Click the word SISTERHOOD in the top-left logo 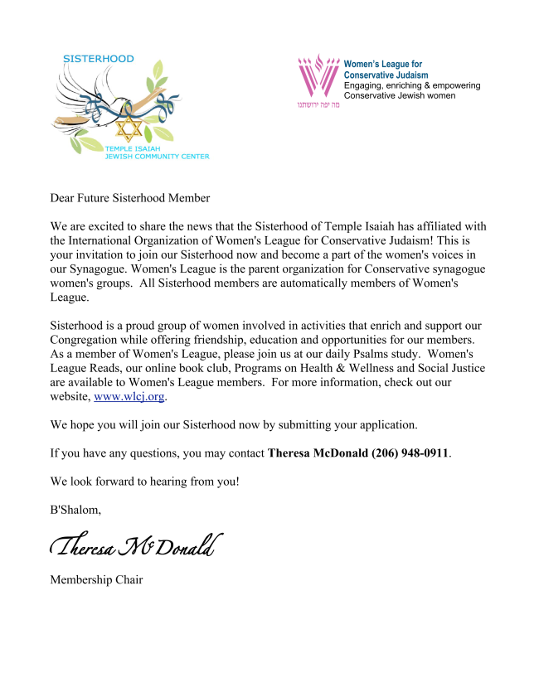coord(98,59)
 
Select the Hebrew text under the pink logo coord(318,105)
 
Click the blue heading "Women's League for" coord(382,64)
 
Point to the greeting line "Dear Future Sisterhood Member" coord(130,198)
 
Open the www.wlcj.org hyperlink coord(129,397)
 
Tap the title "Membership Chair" coord(96,579)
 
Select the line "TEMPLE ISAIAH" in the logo coord(134,148)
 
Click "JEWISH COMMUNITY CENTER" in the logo coord(157,156)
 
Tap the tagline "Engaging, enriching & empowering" coord(412,85)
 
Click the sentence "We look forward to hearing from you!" coord(145,482)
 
